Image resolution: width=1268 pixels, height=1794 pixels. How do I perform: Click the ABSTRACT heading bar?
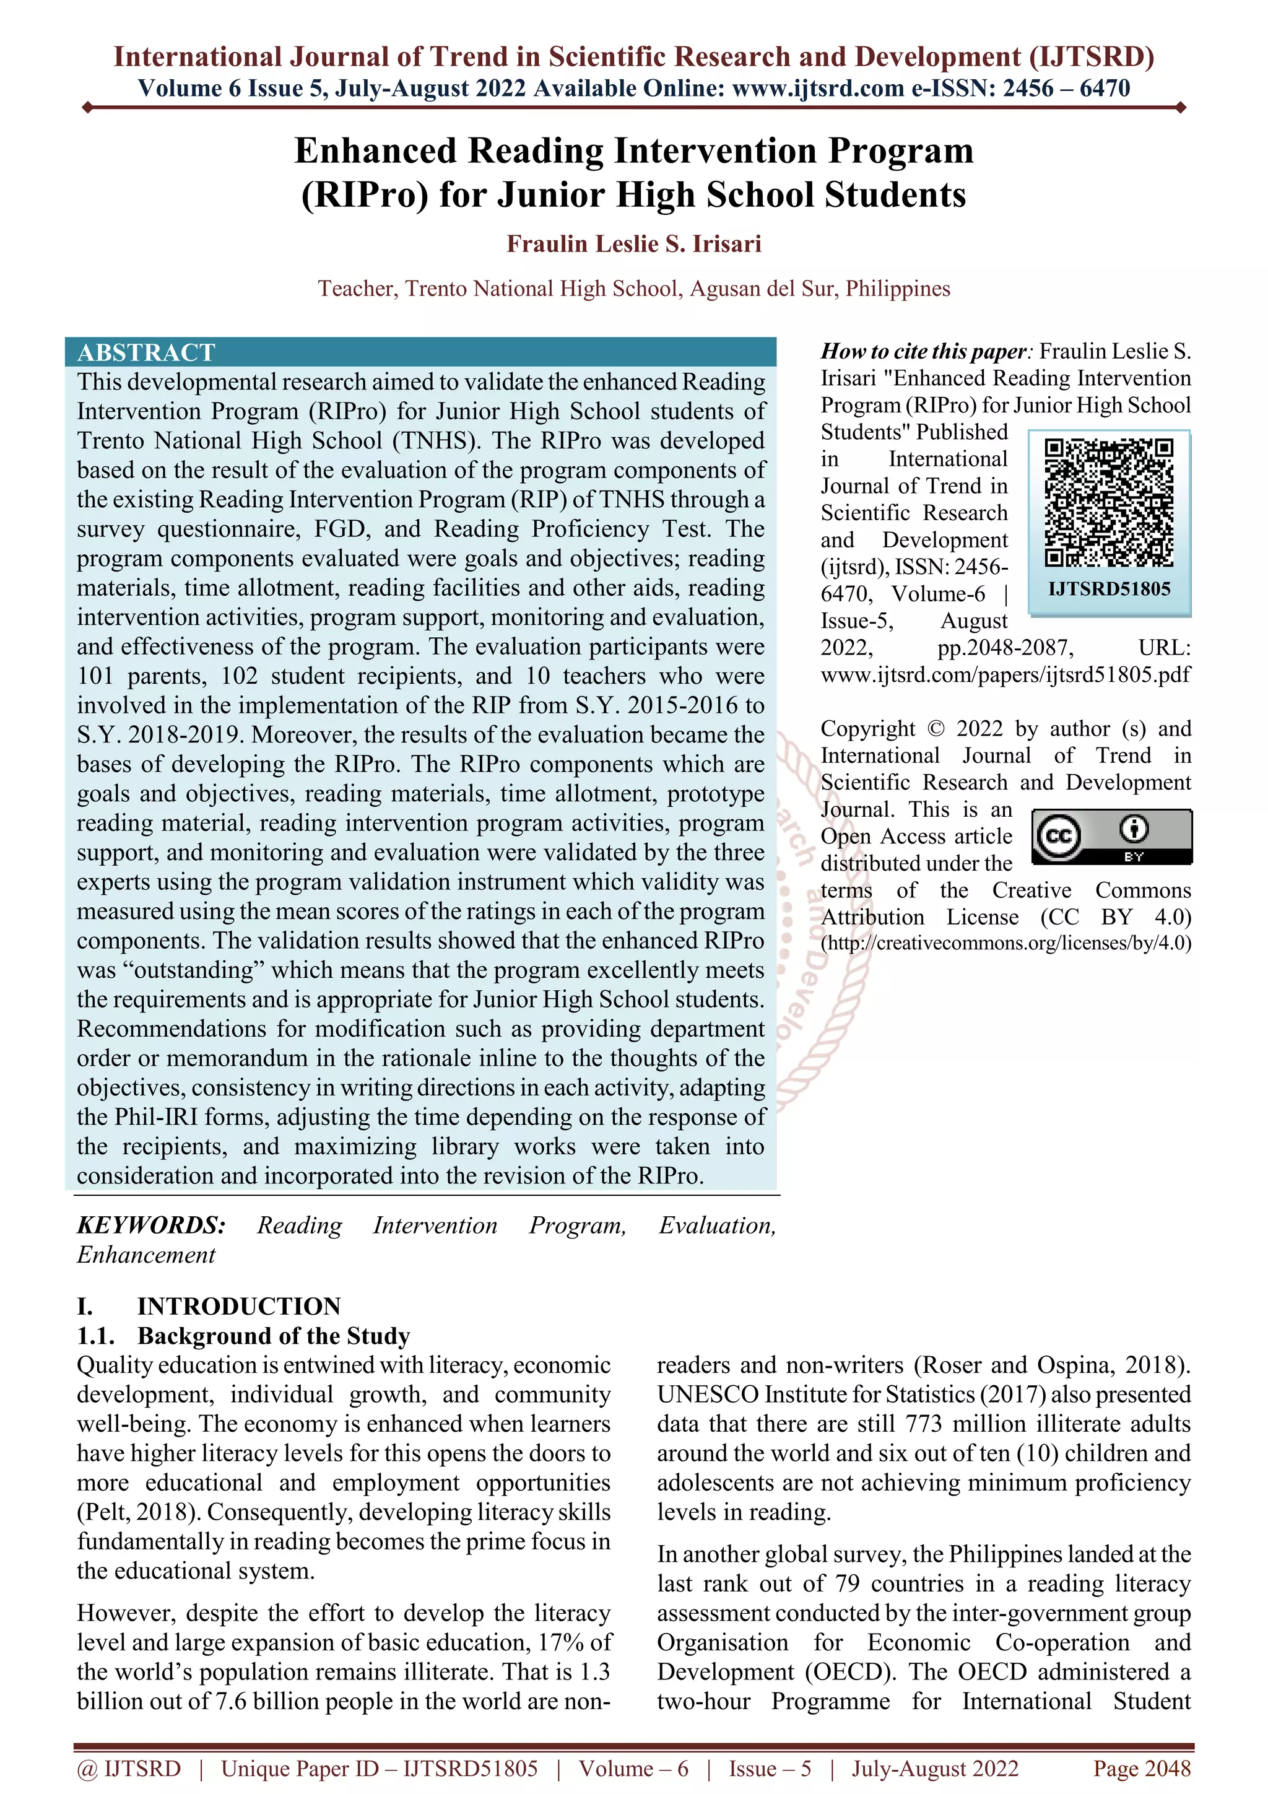(420, 352)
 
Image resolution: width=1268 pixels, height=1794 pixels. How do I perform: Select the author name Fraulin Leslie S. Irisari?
(633, 244)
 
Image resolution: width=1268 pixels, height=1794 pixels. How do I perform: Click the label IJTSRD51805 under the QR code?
(1109, 589)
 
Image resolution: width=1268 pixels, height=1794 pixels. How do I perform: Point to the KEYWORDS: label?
(152, 1225)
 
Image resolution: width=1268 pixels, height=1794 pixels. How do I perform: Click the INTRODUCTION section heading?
(238, 1307)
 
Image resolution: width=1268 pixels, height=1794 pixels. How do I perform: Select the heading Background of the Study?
(274, 1336)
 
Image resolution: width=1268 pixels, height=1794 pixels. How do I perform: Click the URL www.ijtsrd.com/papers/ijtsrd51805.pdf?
(1005, 674)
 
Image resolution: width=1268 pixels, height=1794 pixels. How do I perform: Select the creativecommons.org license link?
(1005, 943)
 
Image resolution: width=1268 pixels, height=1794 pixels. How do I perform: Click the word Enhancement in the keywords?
(146, 1255)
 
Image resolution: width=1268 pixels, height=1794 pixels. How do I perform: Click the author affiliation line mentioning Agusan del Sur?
(633, 289)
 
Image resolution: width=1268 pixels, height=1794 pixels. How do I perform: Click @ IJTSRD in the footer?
(129, 1769)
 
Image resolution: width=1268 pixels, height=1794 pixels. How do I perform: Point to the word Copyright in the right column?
(867, 728)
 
